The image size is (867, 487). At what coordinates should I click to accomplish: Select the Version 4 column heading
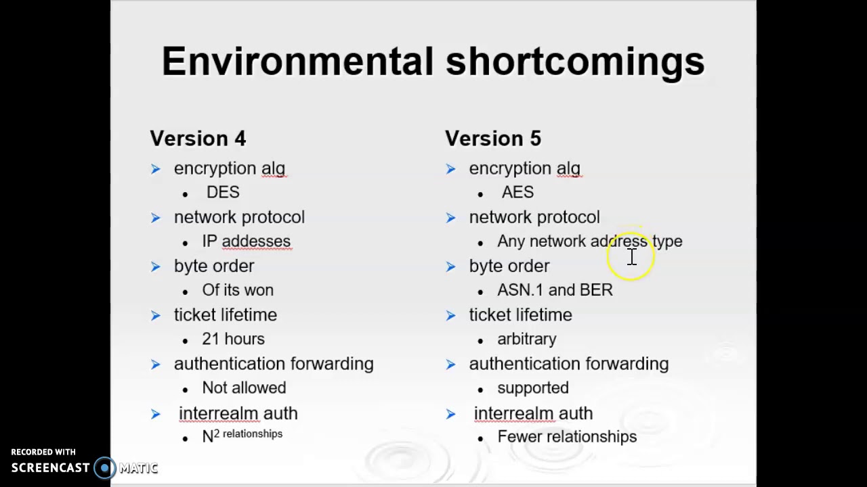[198, 139]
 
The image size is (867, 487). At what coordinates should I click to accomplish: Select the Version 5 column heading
[493, 139]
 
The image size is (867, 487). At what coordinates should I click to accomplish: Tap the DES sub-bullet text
[223, 193]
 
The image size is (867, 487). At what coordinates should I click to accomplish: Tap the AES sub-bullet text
[517, 193]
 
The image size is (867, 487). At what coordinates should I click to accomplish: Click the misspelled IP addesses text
[246, 241]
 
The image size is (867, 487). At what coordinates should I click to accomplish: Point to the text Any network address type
[589, 241]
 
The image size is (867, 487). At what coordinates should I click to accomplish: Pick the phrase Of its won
[238, 290]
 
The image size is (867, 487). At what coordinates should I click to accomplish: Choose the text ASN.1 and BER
[555, 290]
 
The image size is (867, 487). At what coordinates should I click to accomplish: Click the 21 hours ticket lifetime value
[233, 339]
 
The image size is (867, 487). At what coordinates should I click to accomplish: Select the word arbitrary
[526, 339]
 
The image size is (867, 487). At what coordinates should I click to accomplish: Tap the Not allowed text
[244, 388]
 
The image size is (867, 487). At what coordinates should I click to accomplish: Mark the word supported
[532, 388]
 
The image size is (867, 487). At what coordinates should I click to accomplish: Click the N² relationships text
[242, 435]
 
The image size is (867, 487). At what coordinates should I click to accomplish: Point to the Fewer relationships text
[567, 437]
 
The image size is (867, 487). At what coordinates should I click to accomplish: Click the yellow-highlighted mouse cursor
[631, 256]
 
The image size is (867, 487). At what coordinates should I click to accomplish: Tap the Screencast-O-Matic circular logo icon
[105, 468]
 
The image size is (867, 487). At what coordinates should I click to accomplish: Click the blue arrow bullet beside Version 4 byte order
[156, 266]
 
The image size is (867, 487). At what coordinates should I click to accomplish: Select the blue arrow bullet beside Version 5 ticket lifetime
[451, 315]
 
